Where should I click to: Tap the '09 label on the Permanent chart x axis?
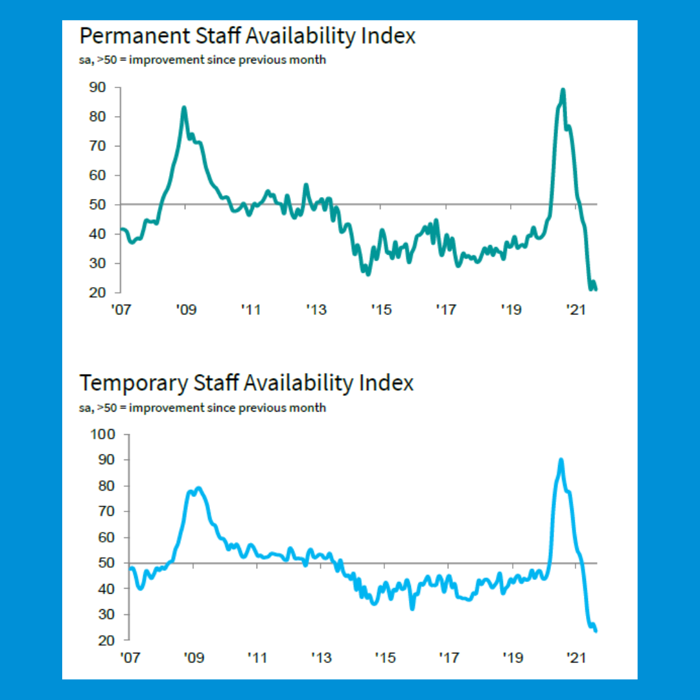185,310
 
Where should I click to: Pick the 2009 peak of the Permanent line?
184,108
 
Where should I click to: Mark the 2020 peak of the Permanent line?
563,90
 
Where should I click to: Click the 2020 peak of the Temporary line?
561,460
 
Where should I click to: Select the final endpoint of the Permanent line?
596,289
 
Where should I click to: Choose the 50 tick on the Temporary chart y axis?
106,563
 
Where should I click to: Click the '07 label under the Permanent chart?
120,310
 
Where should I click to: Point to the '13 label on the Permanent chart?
316,310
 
